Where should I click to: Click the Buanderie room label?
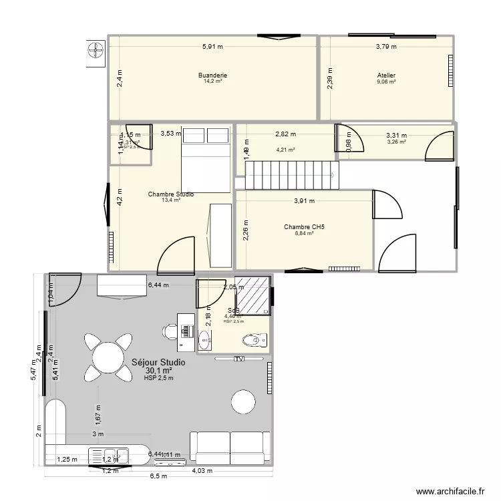pyautogui.click(x=212, y=75)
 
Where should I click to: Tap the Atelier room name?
pyautogui.click(x=385, y=75)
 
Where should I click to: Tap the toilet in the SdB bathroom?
pyautogui.click(x=253, y=340)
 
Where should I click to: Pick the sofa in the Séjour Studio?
pyautogui.click(x=230, y=447)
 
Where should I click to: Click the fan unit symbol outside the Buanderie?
pyautogui.click(x=95, y=51)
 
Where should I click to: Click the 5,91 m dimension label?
pyautogui.click(x=212, y=47)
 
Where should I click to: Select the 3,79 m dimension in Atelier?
pyautogui.click(x=385, y=47)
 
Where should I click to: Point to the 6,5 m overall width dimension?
pyautogui.click(x=158, y=476)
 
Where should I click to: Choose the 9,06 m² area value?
pyautogui.click(x=385, y=81)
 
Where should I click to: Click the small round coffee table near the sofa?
pyautogui.click(x=242, y=401)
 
